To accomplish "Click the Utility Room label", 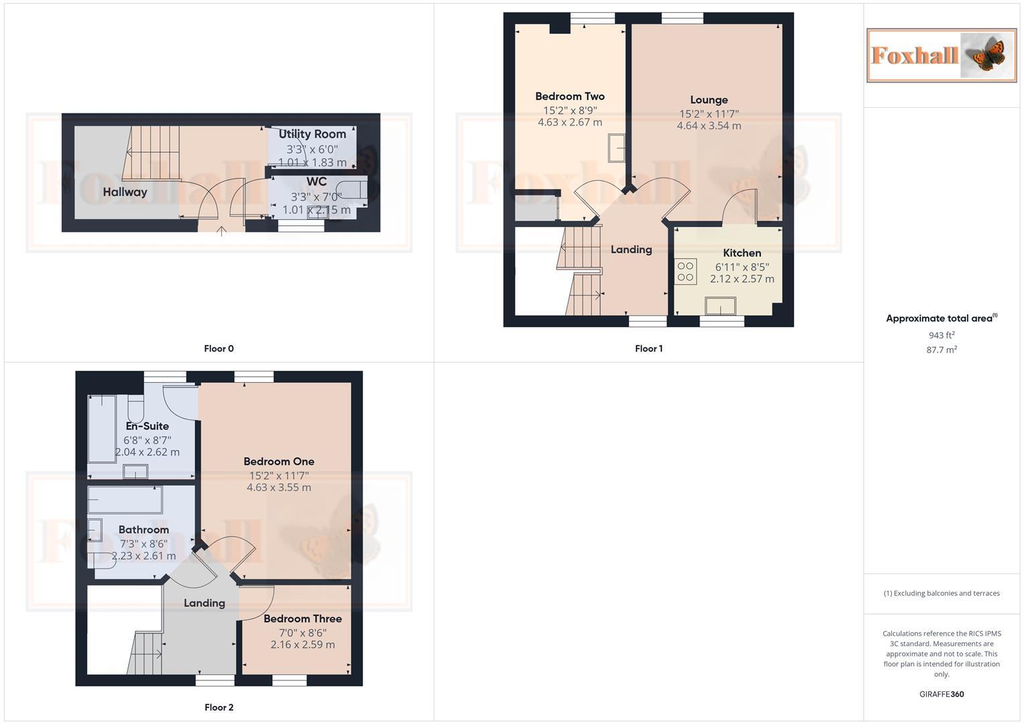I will (x=312, y=134).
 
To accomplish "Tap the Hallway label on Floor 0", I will (x=125, y=192).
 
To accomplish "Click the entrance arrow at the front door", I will (x=221, y=232).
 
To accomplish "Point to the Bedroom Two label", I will (x=569, y=97).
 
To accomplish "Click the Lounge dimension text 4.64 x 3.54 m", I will (x=709, y=126).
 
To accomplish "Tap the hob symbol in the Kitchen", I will (x=685, y=271).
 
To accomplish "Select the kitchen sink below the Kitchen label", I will (x=720, y=307).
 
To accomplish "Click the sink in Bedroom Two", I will (x=616, y=148).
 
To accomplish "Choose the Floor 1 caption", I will (x=648, y=349).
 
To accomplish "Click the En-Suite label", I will (x=147, y=426).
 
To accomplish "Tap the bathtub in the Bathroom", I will (x=125, y=499).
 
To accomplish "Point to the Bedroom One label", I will (x=278, y=462).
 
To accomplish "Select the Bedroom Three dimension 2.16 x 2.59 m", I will (x=302, y=645).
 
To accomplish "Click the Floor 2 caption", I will (x=219, y=707).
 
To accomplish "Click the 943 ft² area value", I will (x=941, y=335).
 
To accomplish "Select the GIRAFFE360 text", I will (x=941, y=695).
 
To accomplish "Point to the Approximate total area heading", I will (x=941, y=318).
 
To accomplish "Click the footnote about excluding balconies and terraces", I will (x=941, y=593).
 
